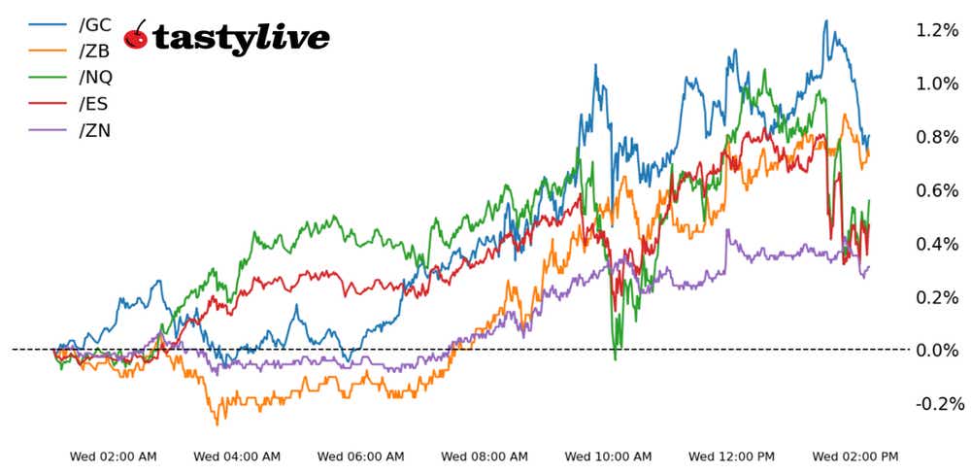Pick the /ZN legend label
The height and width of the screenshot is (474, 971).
(94, 129)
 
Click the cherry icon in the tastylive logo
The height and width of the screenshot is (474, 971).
(137, 36)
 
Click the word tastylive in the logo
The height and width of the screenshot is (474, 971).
(242, 38)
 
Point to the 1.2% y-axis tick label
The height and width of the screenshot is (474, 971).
(937, 30)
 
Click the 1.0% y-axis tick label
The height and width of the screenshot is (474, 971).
(937, 84)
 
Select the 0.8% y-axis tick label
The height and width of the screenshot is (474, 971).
(937, 137)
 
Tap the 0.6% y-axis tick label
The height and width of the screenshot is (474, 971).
(937, 190)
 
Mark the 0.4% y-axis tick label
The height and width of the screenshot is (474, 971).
(937, 244)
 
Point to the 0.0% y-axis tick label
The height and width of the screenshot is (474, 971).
(937, 350)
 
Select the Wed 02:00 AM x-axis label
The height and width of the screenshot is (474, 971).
(114, 456)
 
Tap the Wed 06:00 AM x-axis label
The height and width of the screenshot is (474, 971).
(361, 456)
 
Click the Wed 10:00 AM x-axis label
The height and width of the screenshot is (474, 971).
(609, 456)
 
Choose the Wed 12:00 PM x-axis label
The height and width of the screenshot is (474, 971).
(732, 456)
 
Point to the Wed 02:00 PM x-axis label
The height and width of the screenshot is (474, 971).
(855, 456)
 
